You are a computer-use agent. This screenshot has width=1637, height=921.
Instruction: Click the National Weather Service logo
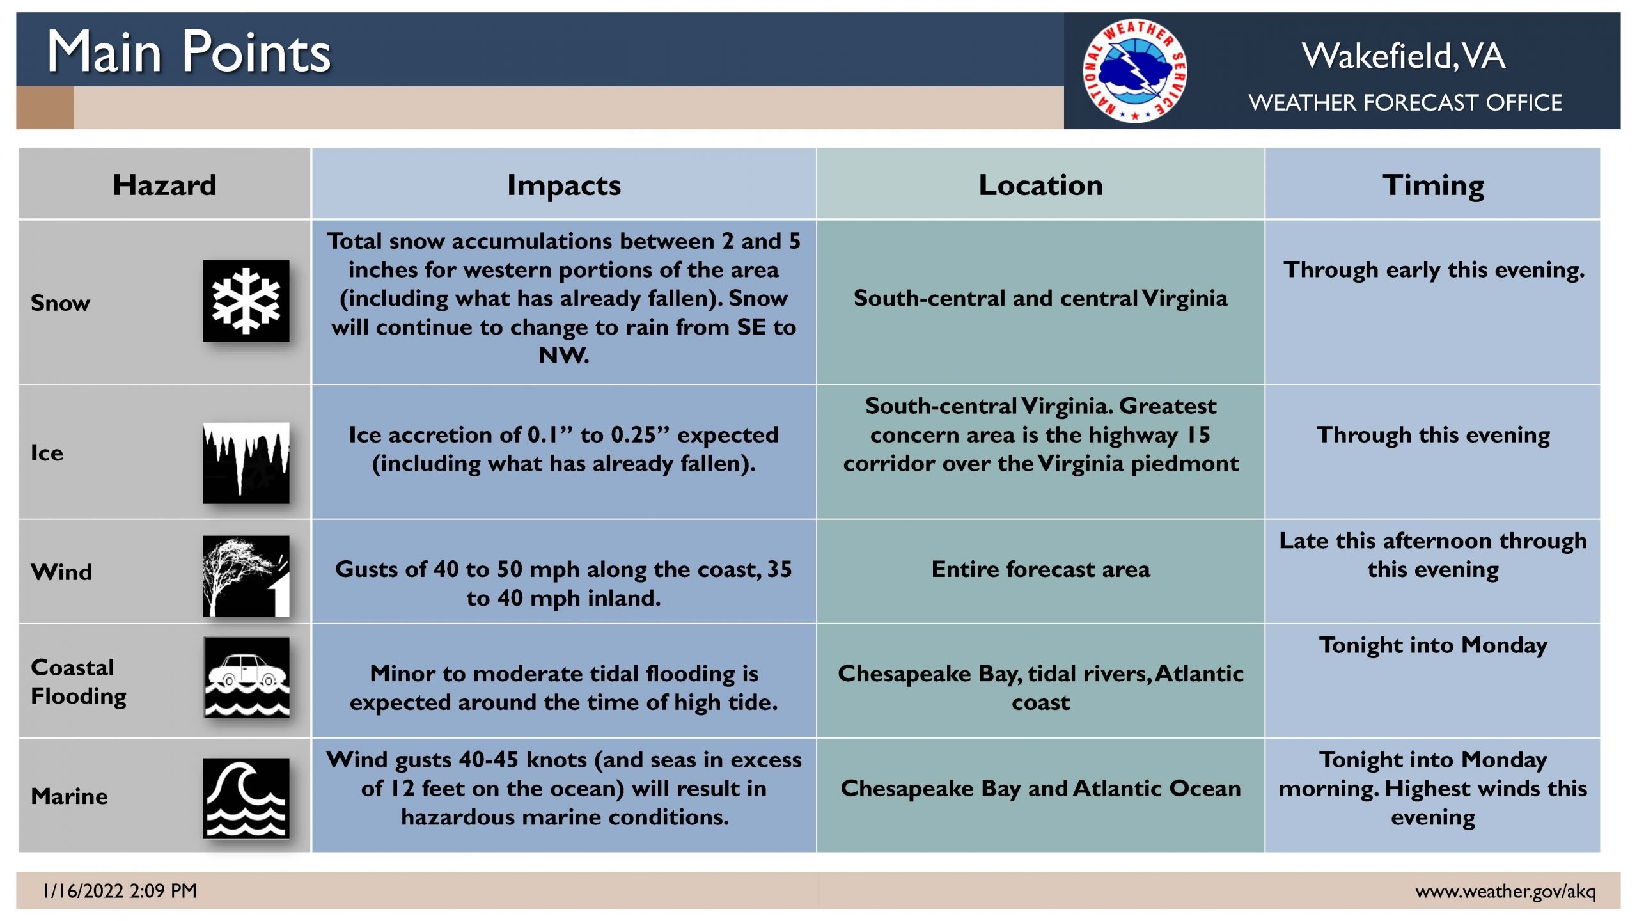pos(1134,70)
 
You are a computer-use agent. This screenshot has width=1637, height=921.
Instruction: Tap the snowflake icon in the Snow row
pos(246,301)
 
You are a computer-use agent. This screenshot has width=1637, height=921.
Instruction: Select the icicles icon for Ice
pos(246,462)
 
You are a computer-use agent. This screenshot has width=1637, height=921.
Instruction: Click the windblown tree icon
pos(246,576)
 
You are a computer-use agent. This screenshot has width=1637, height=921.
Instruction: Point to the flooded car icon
pos(246,677)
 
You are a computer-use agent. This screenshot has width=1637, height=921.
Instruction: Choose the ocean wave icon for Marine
pos(246,798)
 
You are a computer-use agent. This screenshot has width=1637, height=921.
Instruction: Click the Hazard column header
pos(164,185)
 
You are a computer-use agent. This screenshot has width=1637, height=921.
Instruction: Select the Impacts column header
pos(564,185)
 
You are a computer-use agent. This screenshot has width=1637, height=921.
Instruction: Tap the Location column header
pos(1040,185)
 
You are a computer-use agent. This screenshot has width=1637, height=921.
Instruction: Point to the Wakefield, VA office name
pos(1404,56)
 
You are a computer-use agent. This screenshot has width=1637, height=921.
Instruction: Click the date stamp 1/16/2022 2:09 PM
pos(120,890)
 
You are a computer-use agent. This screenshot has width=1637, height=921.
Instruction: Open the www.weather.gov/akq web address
pos(1505,891)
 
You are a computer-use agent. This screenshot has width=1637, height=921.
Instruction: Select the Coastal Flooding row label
pos(79,682)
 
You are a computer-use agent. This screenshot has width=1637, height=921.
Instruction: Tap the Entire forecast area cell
pos(1040,569)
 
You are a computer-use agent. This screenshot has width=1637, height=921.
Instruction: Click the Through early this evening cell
pos(1434,270)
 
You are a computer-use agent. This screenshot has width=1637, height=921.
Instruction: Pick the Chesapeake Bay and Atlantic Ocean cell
pos(1040,789)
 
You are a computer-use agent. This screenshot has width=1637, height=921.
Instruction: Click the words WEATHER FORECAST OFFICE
pos(1405,102)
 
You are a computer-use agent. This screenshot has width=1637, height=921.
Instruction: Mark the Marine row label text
pos(69,796)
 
